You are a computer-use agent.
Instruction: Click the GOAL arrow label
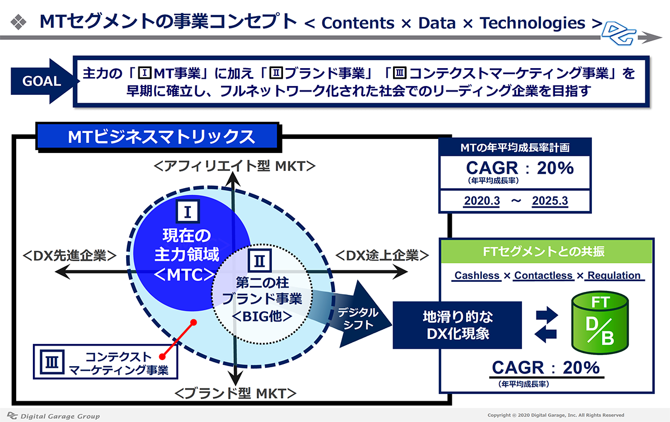click(x=42, y=81)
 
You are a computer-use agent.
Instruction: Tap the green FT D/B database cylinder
click(x=600, y=323)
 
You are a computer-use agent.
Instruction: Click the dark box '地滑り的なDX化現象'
click(x=457, y=325)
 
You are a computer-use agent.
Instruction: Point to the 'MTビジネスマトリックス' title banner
click(x=159, y=137)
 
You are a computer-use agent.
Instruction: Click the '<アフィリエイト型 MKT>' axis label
click(x=234, y=166)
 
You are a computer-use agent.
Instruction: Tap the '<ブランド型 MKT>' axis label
click(x=236, y=394)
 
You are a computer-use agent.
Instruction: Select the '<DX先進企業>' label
click(x=70, y=256)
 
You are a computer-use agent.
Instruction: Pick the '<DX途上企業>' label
click(x=382, y=256)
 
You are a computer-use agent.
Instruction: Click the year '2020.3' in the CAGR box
click(x=482, y=201)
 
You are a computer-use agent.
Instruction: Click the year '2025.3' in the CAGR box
click(x=550, y=201)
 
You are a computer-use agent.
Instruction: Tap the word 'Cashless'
click(x=477, y=275)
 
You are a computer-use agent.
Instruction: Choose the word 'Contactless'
click(x=543, y=275)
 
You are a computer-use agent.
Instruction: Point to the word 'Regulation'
click(x=614, y=275)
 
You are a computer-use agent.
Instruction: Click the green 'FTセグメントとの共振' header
click(x=546, y=252)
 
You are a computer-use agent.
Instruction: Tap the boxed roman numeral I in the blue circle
click(x=188, y=212)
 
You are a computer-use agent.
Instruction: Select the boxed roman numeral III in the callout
click(x=52, y=362)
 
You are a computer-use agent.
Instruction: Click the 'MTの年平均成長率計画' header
click(x=515, y=147)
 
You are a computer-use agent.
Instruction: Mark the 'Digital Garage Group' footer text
click(x=60, y=416)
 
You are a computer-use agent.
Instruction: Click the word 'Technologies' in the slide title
click(x=533, y=23)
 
